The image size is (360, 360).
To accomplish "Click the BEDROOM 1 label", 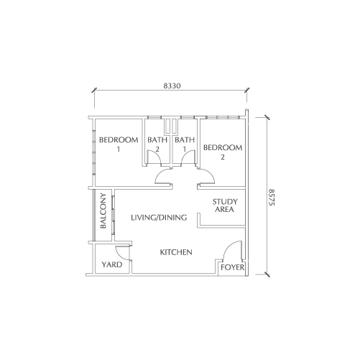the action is coord(119,144).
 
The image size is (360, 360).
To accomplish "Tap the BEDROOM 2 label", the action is coord(223,152).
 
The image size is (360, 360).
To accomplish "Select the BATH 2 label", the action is coord(157,144).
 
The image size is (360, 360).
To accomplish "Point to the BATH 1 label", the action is coord(185,144).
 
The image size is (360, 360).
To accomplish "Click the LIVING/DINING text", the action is coord(159,218).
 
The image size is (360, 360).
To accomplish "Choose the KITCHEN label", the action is coord(176,252).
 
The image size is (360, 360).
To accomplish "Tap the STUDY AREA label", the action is coord(225,206).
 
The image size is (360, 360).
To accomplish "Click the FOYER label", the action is coord(232,267).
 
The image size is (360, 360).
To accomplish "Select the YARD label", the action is coord(112,264).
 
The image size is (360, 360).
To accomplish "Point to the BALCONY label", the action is coord(103,211).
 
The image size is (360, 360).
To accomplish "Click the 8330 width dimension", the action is coord(172,86).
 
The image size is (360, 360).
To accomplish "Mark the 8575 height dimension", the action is coord(272,198).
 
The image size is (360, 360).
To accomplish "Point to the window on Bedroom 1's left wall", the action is coord(94,152).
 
